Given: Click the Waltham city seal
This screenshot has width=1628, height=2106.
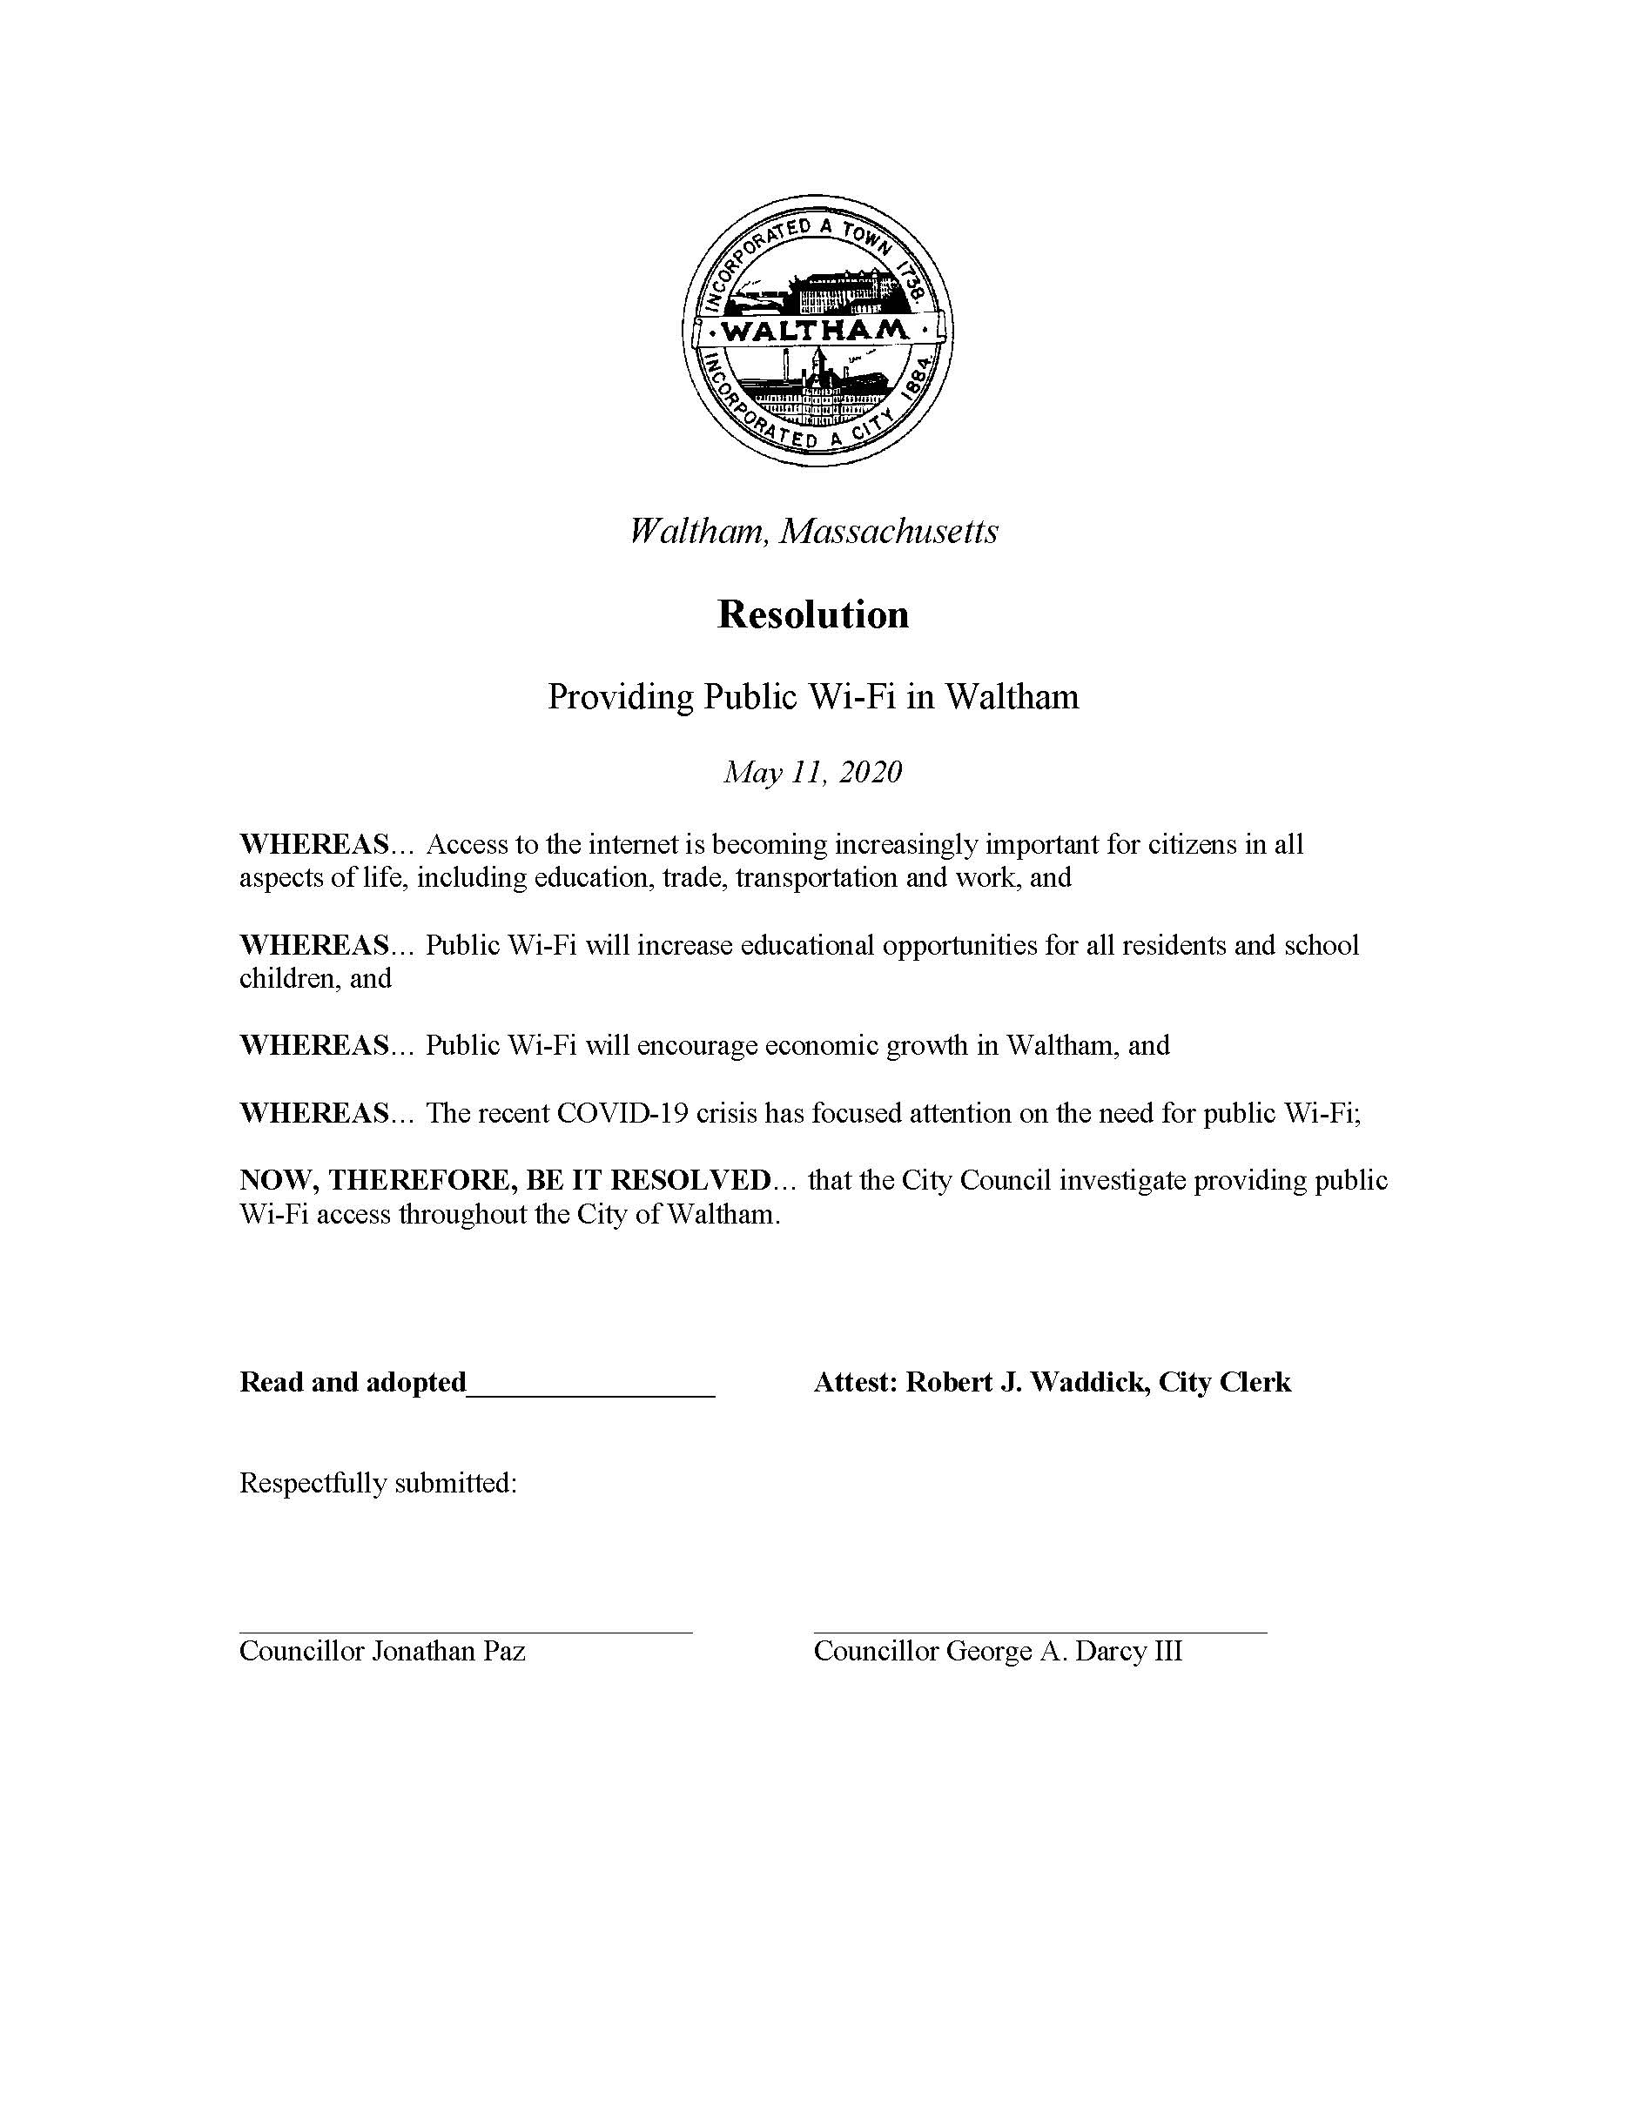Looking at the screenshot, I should click(816, 331).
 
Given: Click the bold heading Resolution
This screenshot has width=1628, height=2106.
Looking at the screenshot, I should click(813, 615).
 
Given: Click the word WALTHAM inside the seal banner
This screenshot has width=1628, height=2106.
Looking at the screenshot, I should click(815, 332).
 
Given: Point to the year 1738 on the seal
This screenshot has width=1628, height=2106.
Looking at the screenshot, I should click(911, 278).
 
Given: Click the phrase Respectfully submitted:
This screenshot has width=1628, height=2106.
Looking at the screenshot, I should click(378, 1483).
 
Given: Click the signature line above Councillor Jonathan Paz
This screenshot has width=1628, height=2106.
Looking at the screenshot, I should click(465, 1633).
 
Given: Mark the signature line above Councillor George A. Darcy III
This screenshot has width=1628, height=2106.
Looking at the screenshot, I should click(1039, 1633).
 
